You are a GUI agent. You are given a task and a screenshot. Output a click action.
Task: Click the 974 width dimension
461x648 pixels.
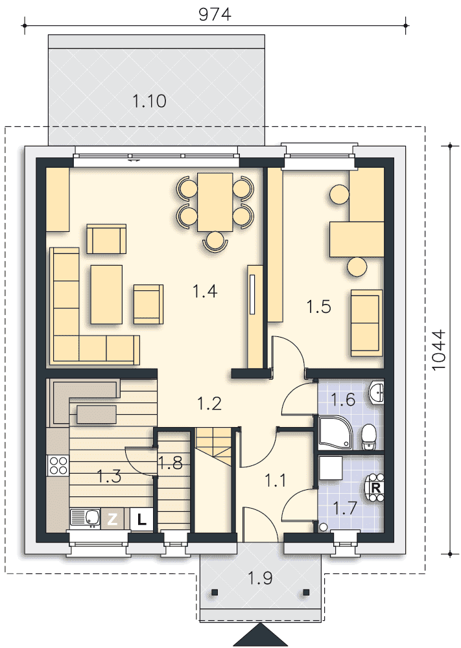pyautogui.click(x=215, y=15)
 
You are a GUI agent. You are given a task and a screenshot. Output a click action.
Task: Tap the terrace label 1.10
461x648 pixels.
pyautogui.click(x=149, y=101)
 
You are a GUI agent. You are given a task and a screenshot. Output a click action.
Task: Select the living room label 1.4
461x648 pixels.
pyautogui.click(x=205, y=292)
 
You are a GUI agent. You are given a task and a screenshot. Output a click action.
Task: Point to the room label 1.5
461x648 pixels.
pyautogui.click(x=319, y=307)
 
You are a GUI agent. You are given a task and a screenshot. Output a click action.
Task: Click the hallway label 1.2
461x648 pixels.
pyautogui.click(x=209, y=403)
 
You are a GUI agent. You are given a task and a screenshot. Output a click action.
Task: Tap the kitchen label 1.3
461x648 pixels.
pyautogui.click(x=109, y=476)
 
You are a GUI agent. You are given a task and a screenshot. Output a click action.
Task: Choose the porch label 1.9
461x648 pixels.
pyautogui.click(x=260, y=578)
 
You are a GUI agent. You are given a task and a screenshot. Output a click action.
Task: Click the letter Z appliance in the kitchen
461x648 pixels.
pyautogui.click(x=112, y=520)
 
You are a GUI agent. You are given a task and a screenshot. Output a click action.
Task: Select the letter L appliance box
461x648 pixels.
pyautogui.click(x=142, y=520)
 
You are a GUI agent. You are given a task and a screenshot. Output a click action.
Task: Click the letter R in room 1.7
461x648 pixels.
pyautogui.click(x=376, y=488)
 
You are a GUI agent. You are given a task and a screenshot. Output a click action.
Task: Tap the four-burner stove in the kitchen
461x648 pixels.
pyautogui.click(x=58, y=465)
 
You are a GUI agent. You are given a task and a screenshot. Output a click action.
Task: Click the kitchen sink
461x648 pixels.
pyautogui.click(x=85, y=518)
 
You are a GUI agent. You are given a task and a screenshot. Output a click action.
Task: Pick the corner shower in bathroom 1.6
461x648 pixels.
pyautogui.click(x=335, y=432)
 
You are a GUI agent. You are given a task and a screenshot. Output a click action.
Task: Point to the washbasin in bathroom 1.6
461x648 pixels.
pyautogui.click(x=377, y=392)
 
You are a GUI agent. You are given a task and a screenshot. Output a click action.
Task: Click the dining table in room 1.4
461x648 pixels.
pyautogui.click(x=215, y=202)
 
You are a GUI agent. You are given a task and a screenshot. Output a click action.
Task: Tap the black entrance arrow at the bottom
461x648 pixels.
pyautogui.click(x=261, y=636)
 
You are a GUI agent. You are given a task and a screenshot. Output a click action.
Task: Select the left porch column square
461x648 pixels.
pyautogui.click(x=214, y=592)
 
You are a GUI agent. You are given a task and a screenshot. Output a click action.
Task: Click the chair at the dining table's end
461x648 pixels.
pyautogui.click(x=215, y=241)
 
